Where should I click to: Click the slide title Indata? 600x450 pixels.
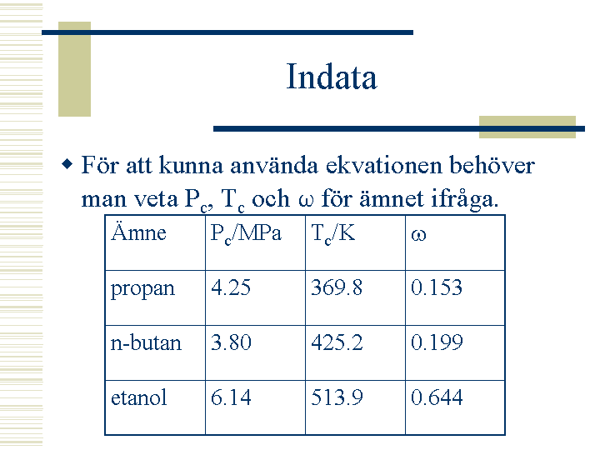332,77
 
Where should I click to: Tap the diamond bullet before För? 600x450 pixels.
67,164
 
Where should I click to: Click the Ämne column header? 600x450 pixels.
138,232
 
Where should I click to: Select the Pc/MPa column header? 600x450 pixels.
246,233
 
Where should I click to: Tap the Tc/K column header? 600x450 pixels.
332,233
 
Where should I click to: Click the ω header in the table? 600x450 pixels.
418,235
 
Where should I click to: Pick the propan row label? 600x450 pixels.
142,289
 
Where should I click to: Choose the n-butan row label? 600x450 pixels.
146,342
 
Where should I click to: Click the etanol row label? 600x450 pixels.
138,397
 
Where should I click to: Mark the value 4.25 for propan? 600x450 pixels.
231,287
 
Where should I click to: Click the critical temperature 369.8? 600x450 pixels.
337,287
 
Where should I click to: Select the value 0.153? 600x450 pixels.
437,287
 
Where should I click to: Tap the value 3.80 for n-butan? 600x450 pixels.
231,342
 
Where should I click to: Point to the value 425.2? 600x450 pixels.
337,342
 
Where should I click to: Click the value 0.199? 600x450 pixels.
437,342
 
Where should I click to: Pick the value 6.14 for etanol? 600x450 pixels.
231,397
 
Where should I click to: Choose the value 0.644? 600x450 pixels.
437,397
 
